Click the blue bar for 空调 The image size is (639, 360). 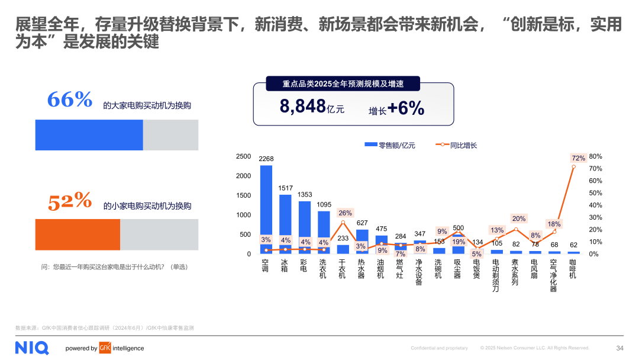point(266,201)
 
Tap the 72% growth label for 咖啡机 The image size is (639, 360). point(578,158)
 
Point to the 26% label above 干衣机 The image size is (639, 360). point(345,213)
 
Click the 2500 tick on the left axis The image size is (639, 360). point(244,156)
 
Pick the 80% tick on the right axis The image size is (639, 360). point(595,156)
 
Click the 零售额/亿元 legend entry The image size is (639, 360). point(390,145)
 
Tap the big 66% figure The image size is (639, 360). point(70,99)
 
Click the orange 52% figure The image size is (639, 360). point(70,202)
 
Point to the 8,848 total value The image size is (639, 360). point(303,107)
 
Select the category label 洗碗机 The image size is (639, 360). point(438,268)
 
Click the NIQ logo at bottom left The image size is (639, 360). point(32,348)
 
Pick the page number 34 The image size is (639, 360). point(619,348)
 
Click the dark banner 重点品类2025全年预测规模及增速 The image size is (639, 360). point(343,84)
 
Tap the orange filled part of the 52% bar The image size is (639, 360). point(78,235)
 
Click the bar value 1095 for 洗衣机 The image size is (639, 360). point(324,205)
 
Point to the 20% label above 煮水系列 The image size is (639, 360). point(519,218)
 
